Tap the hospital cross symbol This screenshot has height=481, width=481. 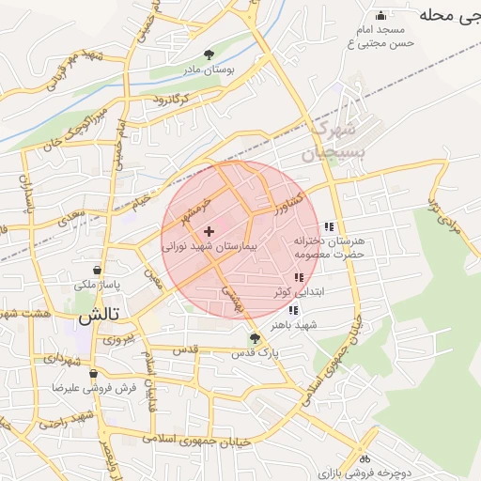[x=209, y=231]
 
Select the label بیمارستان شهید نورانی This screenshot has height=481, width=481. [x=209, y=246]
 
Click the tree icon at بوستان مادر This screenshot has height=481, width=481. [x=209, y=54]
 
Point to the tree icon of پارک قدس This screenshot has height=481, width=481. [x=254, y=338]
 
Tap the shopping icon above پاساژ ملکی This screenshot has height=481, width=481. [x=98, y=271]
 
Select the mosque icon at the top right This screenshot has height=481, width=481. [x=380, y=15]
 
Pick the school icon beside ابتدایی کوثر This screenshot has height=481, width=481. [x=298, y=277]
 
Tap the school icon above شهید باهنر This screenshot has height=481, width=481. [x=294, y=310]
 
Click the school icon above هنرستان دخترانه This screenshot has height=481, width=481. [x=328, y=226]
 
